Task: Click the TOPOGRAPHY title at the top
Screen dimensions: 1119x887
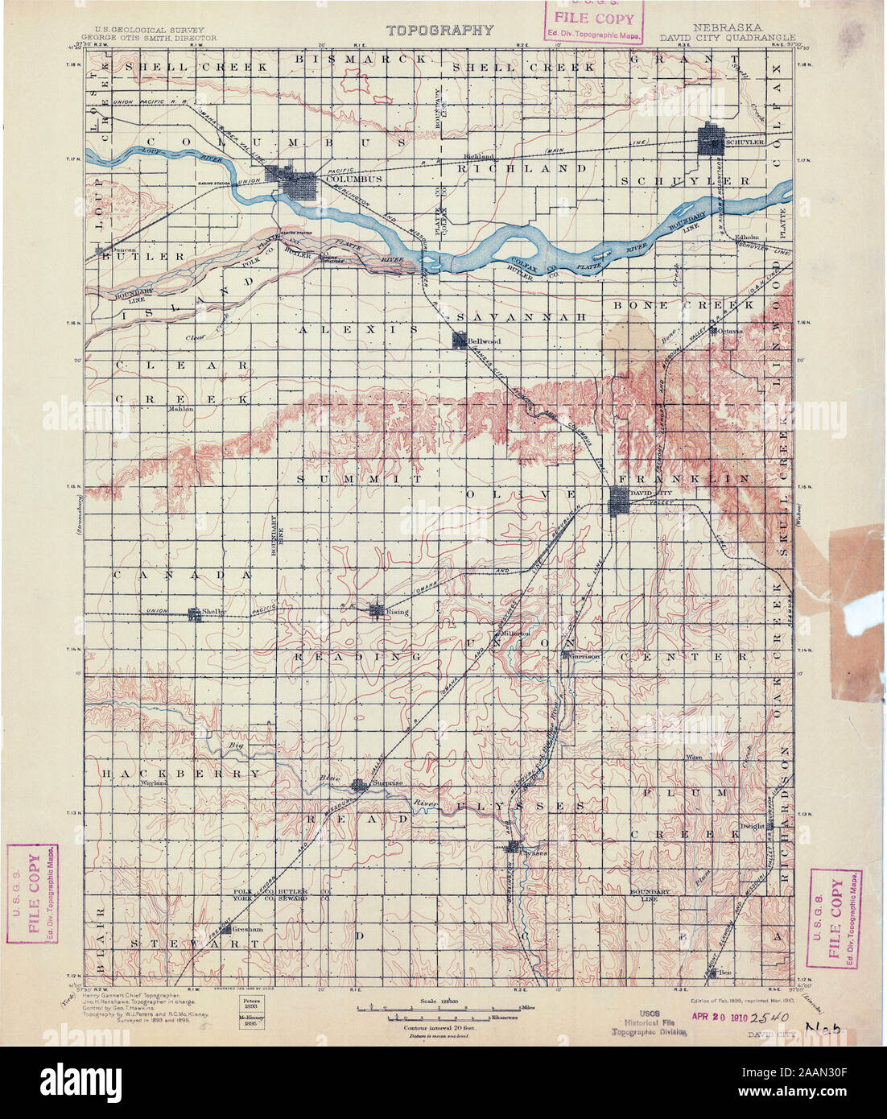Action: coord(439,31)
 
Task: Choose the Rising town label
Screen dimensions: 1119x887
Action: coord(398,612)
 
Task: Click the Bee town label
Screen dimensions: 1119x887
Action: coord(725,972)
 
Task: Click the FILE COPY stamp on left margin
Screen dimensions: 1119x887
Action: coord(32,893)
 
